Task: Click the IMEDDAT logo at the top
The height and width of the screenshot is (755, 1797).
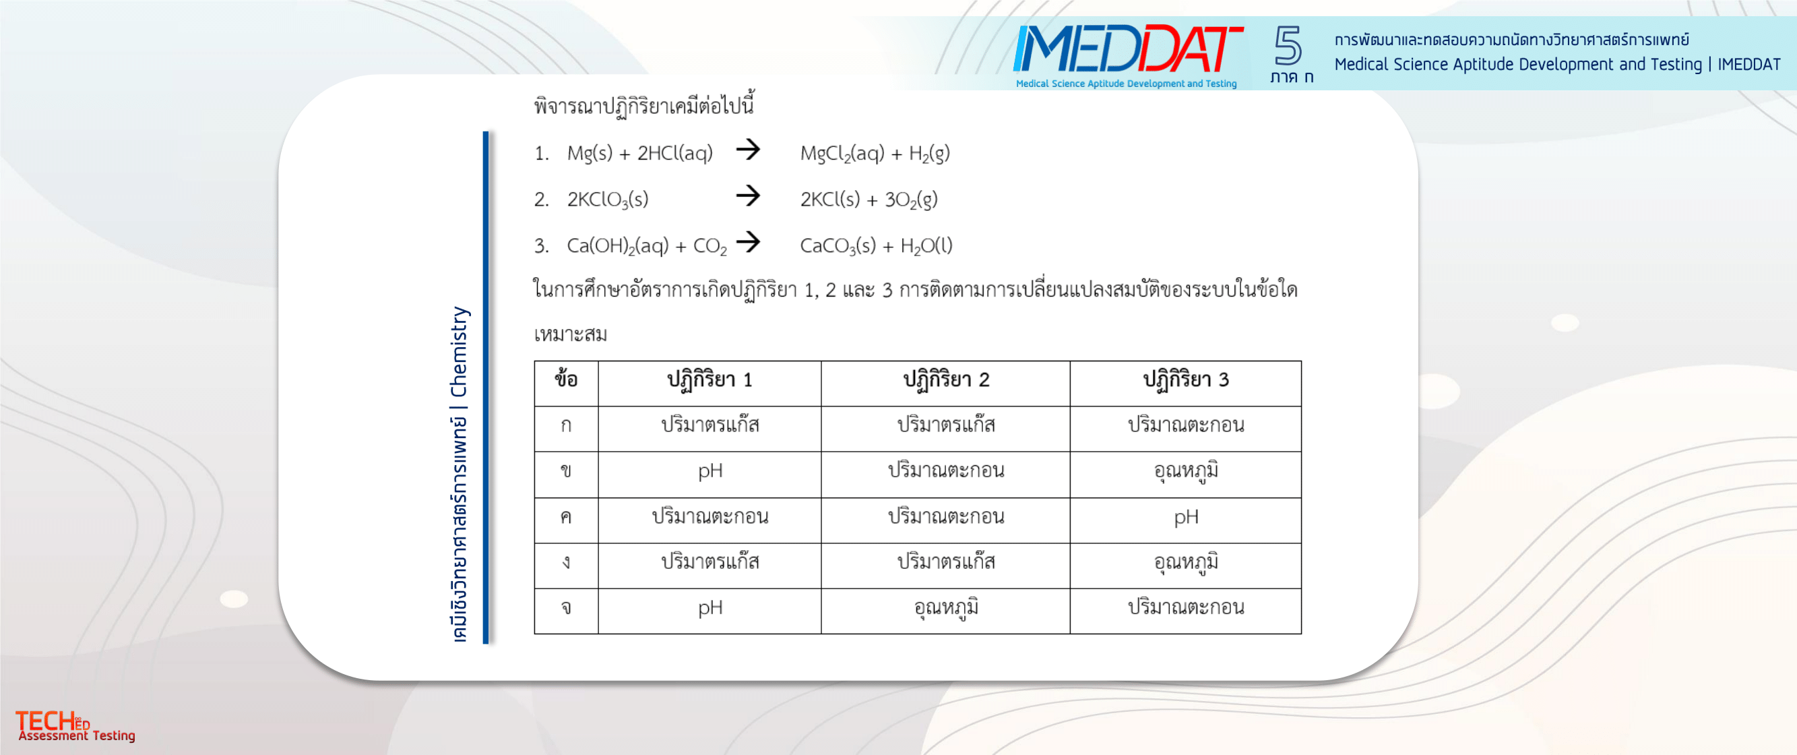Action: [x=1127, y=55]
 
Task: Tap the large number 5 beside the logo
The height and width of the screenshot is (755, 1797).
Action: [x=1288, y=46]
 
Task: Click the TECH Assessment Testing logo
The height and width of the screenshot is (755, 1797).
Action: [x=75, y=726]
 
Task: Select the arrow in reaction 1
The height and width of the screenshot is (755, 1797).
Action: [x=748, y=150]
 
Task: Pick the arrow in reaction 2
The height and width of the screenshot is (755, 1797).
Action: [x=748, y=195]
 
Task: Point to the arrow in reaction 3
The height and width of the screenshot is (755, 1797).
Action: [x=748, y=241]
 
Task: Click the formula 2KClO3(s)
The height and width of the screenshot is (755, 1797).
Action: [x=608, y=200]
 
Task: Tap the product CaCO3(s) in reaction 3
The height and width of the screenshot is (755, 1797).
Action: [x=837, y=246]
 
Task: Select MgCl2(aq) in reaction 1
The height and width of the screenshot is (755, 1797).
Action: [x=843, y=154]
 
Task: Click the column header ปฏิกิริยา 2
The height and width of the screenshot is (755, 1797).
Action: [x=946, y=380]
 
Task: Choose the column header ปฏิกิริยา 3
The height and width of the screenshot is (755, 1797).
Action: [x=1186, y=380]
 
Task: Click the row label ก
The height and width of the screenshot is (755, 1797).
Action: [x=566, y=425]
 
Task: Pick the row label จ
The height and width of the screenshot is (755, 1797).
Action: [x=566, y=609]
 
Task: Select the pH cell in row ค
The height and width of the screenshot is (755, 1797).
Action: [x=1186, y=518]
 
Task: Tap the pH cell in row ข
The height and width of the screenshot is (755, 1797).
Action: [x=710, y=472]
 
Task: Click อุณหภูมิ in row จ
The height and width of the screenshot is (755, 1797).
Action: [x=946, y=608]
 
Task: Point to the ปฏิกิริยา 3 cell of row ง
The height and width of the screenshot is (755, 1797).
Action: [x=1186, y=562]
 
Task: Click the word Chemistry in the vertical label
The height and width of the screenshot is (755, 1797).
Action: [x=459, y=352]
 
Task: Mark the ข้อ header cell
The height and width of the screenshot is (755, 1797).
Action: [x=566, y=380]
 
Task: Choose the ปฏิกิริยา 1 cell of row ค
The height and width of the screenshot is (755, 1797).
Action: [x=710, y=517]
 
